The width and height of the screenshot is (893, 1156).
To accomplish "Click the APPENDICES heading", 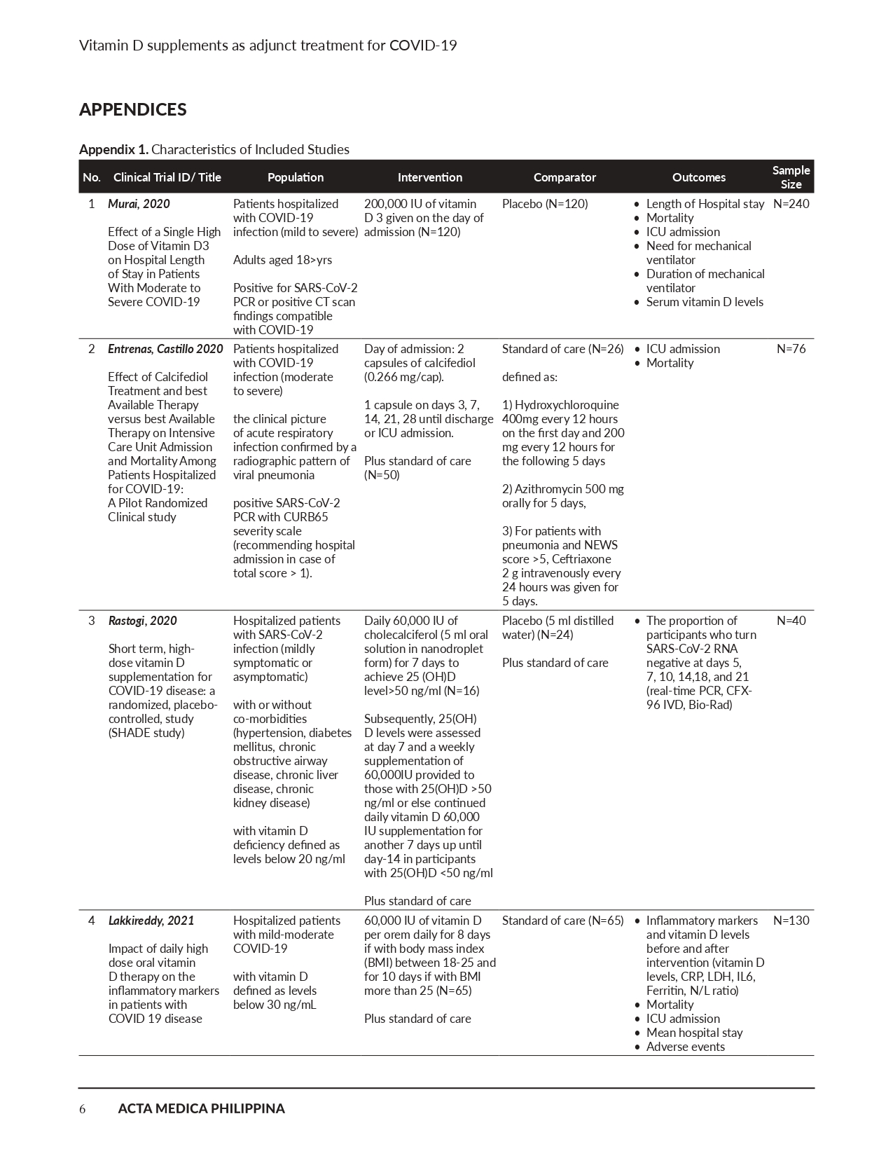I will pyautogui.click(x=132, y=109).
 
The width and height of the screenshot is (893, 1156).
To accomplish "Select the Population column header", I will pyautogui.click(x=296, y=177).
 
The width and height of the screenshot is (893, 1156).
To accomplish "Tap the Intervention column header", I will pyautogui.click(x=429, y=177).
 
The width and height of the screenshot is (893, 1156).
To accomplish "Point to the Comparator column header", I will pyautogui.click(x=565, y=177).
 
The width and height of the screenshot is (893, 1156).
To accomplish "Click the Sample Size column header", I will pyautogui.click(x=791, y=177).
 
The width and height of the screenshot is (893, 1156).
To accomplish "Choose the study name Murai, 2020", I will pyautogui.click(x=139, y=204).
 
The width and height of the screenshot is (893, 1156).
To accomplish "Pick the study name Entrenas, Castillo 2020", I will pyautogui.click(x=165, y=349).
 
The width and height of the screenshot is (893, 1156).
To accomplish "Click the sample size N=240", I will pyautogui.click(x=791, y=204).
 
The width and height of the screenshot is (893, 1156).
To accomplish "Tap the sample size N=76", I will pyautogui.click(x=791, y=349).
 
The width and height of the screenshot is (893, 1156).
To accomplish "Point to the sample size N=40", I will pyautogui.click(x=791, y=621).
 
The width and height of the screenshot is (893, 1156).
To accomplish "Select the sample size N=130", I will pyautogui.click(x=791, y=921).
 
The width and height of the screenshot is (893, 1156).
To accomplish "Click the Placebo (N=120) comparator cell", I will pyautogui.click(x=545, y=204).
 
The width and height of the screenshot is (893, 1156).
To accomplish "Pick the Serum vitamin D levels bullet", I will pyautogui.click(x=705, y=302).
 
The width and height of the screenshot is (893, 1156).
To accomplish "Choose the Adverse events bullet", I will pyautogui.click(x=685, y=1047).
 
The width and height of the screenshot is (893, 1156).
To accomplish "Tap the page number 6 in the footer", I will pyautogui.click(x=83, y=1108).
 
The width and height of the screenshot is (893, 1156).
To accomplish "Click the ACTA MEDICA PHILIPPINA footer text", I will pyautogui.click(x=201, y=1108).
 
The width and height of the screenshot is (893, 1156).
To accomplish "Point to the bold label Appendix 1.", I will pyautogui.click(x=113, y=149).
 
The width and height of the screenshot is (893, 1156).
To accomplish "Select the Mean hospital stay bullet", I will pyautogui.click(x=694, y=1033).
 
